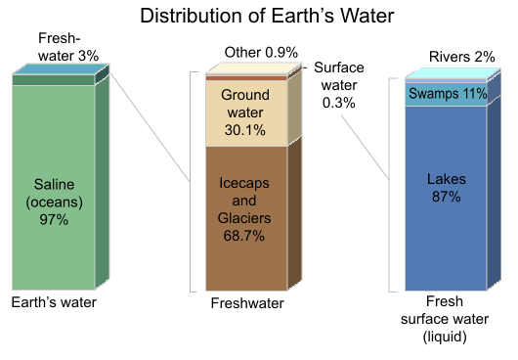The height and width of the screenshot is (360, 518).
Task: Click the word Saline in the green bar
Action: pyautogui.click(x=54, y=185)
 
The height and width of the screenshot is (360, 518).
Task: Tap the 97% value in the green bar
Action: pyautogui.click(x=54, y=220)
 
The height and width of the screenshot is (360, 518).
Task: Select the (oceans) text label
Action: pyautogui.click(x=54, y=202)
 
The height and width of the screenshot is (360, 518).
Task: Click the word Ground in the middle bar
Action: pyautogui.click(x=244, y=95)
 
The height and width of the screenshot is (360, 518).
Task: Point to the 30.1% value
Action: pyautogui.click(x=244, y=130)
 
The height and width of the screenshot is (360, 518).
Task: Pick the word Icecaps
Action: pyautogui.click(x=244, y=183)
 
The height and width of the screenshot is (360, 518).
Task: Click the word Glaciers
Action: pyautogui.click(x=244, y=218)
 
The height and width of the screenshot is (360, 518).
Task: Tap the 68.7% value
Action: pyautogui.click(x=244, y=236)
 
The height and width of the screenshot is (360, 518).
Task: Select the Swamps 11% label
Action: pyautogui.click(x=447, y=94)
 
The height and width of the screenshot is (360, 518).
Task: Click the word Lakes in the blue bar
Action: pyautogui.click(x=447, y=180)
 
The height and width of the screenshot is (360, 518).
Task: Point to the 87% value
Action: pyautogui.click(x=447, y=198)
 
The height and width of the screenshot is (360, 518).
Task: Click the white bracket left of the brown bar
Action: pyautogui.click(x=193, y=181)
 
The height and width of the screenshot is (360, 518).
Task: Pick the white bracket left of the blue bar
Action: pyautogui.click(x=392, y=181)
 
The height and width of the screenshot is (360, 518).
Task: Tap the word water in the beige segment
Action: pyautogui.click(x=244, y=112)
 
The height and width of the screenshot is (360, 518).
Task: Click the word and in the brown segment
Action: pyautogui.click(x=244, y=201)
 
